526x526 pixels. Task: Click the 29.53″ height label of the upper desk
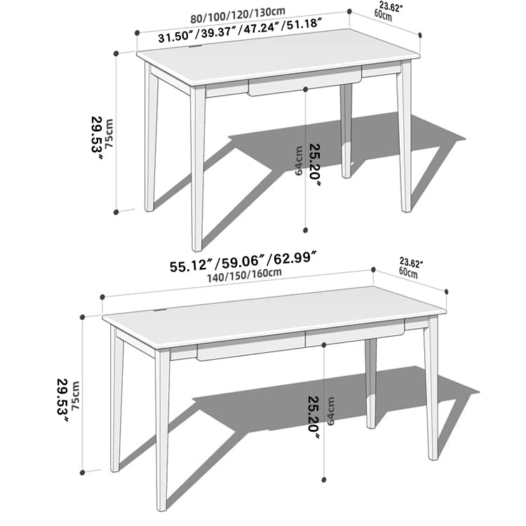point(97,137)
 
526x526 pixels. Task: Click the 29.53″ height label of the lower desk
point(62,400)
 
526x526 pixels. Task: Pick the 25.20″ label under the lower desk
point(313,417)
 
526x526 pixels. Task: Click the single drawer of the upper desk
point(304,83)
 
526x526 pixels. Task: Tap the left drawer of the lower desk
point(251,346)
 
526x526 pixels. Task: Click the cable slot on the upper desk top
point(196,48)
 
